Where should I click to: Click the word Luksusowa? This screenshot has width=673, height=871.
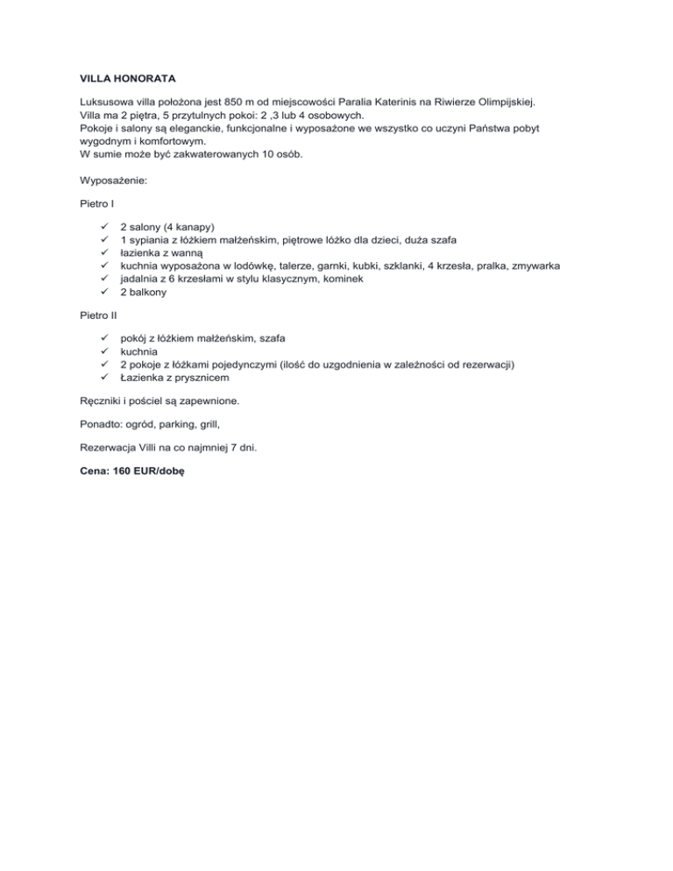[x=96, y=102]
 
